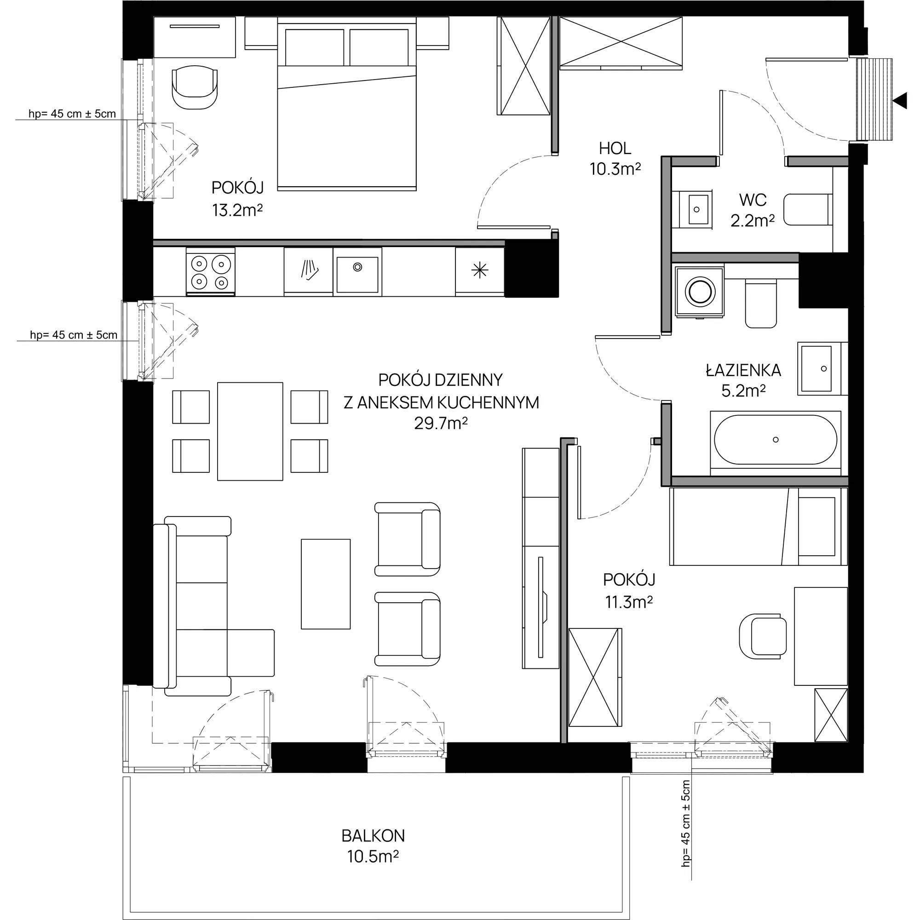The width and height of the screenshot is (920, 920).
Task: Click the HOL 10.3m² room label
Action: [615, 159]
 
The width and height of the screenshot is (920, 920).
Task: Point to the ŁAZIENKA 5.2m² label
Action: [743, 380]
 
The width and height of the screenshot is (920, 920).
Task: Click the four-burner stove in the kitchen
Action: [211, 271]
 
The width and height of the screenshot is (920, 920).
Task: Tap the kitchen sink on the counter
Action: [357, 275]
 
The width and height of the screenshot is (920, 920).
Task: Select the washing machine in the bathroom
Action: [699, 292]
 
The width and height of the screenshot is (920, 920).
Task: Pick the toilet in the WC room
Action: [808, 209]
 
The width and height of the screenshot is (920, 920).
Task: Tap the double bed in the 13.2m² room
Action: [347, 104]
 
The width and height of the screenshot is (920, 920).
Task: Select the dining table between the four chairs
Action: [250, 431]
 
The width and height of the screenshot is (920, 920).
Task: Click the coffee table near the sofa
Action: [326, 584]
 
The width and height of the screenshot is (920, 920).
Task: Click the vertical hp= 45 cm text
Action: [686, 823]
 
